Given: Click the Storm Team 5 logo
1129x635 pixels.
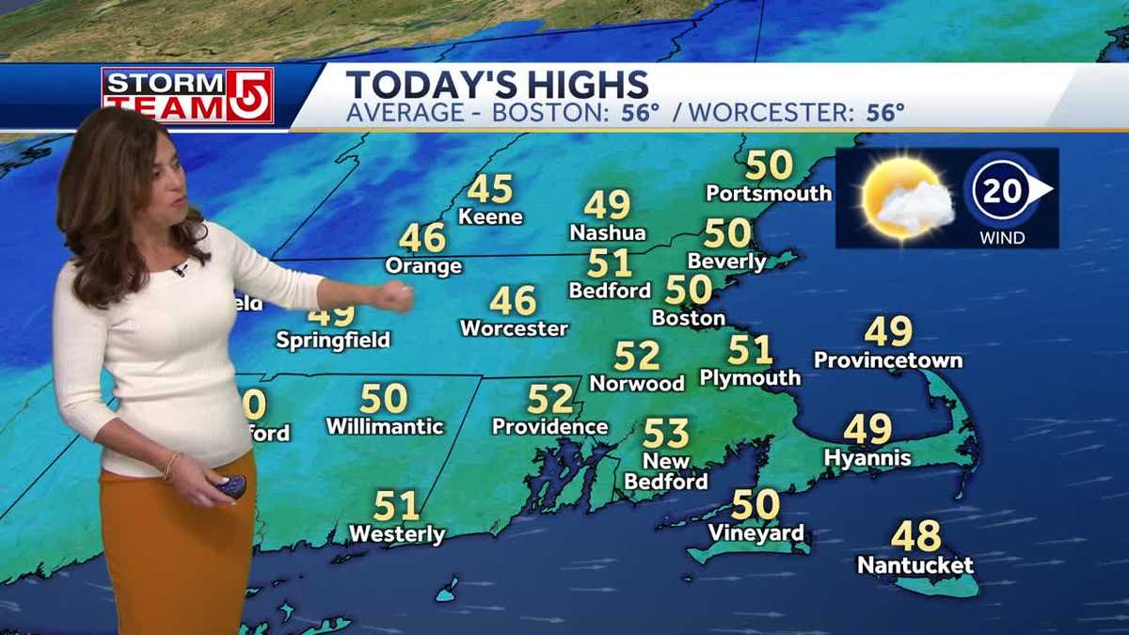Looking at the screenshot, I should pos(187,95).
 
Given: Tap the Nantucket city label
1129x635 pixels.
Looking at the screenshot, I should pos(914,565).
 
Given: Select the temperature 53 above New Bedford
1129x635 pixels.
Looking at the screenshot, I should pos(666,434).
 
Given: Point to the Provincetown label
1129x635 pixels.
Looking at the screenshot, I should pos(887,360).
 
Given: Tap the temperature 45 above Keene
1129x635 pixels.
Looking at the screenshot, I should pos(489,189).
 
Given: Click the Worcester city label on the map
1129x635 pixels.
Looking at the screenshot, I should pos(514,328).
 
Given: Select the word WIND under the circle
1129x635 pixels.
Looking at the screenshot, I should pos(1002,238).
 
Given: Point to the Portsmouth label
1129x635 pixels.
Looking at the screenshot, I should pos(769,193).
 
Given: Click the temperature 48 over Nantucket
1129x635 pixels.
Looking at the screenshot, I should pos(915,536).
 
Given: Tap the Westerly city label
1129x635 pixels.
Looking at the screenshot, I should pos(396,534).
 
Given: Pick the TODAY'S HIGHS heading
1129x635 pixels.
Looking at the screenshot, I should pos(497,85).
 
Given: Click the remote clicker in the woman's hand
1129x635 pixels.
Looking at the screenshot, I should pos(231,487).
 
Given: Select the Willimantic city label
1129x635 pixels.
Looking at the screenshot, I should pos(384,426).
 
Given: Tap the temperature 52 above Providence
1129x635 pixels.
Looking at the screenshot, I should pos(549,399).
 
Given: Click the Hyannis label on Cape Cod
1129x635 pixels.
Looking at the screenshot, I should pos(867,458).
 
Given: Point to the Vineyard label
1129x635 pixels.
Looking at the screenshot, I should pos(755,533).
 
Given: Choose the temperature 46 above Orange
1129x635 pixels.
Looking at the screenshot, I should pos(421,237).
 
